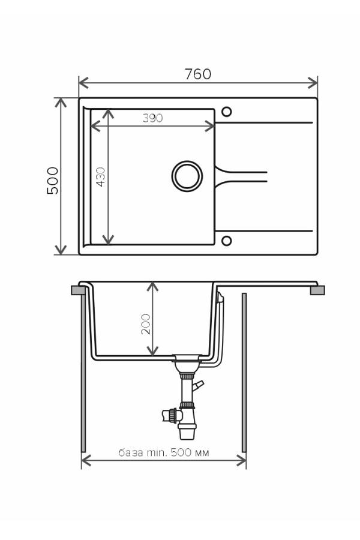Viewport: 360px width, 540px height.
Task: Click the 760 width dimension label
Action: (x=198, y=74)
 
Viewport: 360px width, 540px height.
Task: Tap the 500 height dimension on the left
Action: (x=53, y=181)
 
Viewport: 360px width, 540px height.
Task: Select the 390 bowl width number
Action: (x=152, y=118)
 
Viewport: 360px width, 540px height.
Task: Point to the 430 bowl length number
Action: (x=101, y=176)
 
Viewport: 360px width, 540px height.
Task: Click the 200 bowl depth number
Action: (x=146, y=324)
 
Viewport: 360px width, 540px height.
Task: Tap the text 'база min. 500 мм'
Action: (x=164, y=452)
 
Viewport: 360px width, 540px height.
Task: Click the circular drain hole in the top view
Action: (x=187, y=176)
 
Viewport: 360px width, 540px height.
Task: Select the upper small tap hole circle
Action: (x=226, y=112)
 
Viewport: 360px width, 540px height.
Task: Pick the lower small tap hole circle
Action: (x=226, y=241)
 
